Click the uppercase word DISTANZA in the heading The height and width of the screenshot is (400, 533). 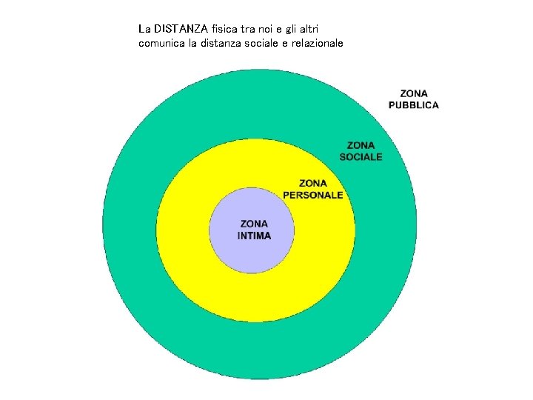[182, 30]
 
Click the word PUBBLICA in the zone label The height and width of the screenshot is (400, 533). [414, 105]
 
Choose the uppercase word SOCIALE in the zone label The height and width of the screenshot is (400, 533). [361, 157]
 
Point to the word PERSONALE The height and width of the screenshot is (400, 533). [313, 195]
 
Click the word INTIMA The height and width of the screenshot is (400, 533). [254, 236]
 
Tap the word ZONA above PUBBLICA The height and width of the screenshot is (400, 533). [414, 93]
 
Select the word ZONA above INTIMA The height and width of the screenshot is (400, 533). [254, 224]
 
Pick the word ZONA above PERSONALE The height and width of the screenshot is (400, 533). [313, 183]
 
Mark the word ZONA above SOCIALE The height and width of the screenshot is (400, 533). [361, 145]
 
